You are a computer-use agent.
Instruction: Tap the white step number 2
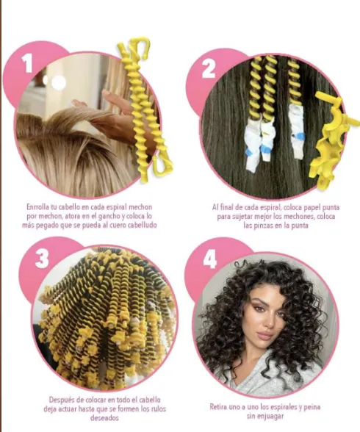209,68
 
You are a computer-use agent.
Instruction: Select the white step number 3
42,259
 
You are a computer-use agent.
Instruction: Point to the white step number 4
210,259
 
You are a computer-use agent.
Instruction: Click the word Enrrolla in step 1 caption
37,207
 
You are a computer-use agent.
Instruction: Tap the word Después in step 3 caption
62,400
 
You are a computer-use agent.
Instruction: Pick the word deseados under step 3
104,418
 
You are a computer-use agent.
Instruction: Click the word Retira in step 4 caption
219,407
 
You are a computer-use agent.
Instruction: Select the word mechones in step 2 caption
299,217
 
